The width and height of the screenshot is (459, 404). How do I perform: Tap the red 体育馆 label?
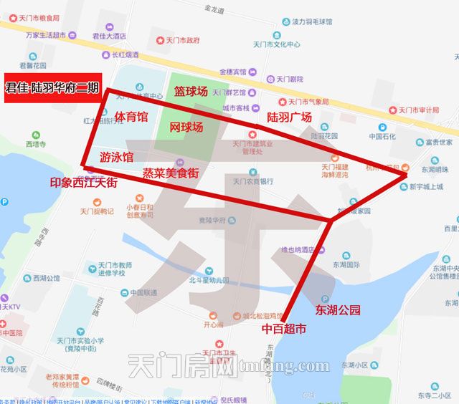pyautogui.click(x=131, y=117)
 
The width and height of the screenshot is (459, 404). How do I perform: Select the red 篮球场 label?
pyautogui.click(x=191, y=92)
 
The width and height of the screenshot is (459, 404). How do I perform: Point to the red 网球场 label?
pyautogui.click(x=186, y=127)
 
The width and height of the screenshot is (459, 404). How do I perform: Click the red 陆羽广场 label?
pyautogui.click(x=289, y=117)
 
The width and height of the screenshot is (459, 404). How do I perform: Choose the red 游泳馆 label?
pyautogui.click(x=116, y=157)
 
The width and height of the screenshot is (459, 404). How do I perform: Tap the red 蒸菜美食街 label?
pyautogui.click(x=170, y=173)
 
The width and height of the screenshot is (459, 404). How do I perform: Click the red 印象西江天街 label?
pyautogui.click(x=84, y=183)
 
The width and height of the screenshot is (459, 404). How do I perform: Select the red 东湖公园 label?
pyautogui.click(x=337, y=310)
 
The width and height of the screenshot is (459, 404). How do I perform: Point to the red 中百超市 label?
pyautogui.click(x=283, y=330)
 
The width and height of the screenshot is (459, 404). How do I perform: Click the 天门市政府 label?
pyautogui.click(x=181, y=40)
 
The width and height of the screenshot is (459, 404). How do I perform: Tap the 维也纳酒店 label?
pyautogui.click(x=302, y=250)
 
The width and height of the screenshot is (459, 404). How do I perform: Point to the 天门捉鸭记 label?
pyautogui.click(x=96, y=211)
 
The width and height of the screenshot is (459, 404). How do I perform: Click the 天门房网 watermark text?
pyautogui.click(x=182, y=368)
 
